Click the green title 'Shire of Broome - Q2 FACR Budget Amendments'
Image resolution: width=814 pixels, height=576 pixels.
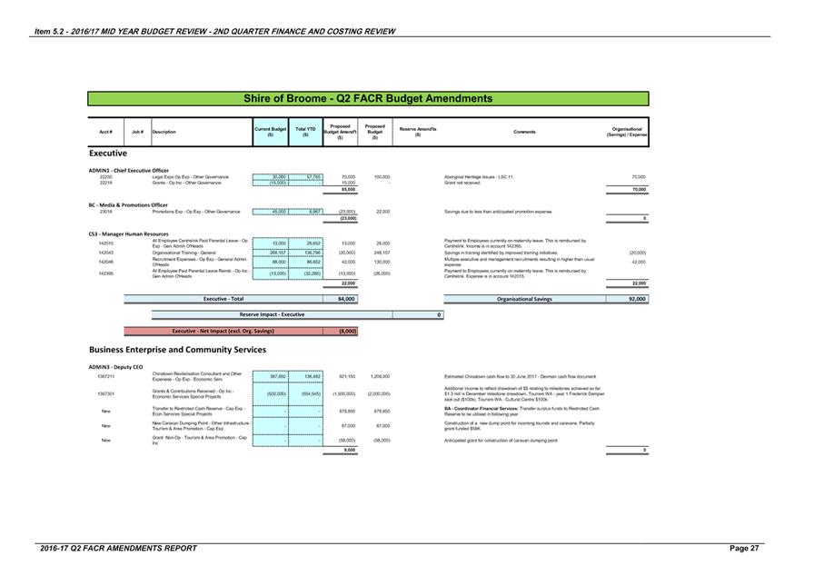[368, 98]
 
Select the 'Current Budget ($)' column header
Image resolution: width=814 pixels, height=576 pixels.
[270, 132]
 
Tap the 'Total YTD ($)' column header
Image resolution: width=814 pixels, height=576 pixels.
[305, 132]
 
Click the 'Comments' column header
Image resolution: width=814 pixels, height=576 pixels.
[524, 132]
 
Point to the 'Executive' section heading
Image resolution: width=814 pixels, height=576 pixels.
[107, 154]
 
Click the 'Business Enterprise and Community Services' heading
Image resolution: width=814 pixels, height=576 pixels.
[177, 349]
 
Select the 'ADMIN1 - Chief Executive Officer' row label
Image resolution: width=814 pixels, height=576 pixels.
[129, 170]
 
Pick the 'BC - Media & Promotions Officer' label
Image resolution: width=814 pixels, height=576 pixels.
[128, 204]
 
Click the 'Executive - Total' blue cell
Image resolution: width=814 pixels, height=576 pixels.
[223, 298]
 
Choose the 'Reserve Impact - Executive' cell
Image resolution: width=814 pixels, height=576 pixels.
[272, 314]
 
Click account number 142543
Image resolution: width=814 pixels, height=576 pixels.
[105, 253]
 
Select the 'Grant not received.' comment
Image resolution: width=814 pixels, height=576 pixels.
[462, 183]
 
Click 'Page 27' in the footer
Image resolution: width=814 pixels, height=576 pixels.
[744, 549]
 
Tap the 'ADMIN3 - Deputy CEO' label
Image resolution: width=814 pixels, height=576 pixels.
[115, 366]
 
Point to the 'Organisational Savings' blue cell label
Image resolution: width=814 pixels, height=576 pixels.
[524, 298]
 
